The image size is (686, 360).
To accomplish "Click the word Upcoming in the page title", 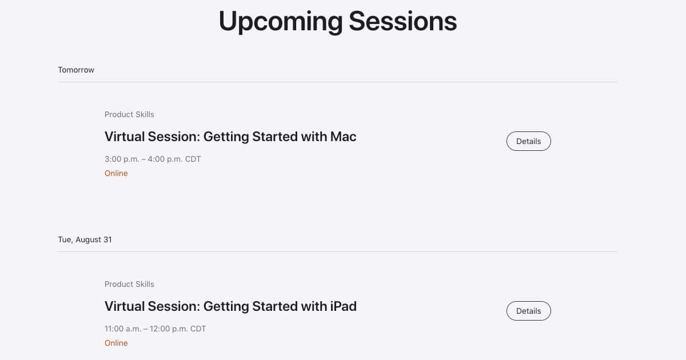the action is [x=281, y=22].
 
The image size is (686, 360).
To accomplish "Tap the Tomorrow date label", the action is [x=76, y=70].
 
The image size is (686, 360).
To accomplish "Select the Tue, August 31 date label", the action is [x=85, y=239].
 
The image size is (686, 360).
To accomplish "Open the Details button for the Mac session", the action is [x=529, y=141].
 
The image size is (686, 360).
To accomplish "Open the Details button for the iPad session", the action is [x=529, y=311].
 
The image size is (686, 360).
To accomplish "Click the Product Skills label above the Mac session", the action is [x=129, y=114].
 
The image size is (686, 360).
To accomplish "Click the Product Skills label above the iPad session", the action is [x=129, y=284].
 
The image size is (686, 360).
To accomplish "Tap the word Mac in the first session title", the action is [x=344, y=137].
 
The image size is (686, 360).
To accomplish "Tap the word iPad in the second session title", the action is [x=344, y=306].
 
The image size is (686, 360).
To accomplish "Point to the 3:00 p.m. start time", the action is [x=122, y=159].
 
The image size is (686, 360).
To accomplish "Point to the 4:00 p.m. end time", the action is [x=165, y=159].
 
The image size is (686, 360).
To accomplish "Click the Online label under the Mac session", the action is [x=116, y=173].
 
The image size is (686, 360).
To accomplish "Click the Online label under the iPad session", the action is [x=116, y=343].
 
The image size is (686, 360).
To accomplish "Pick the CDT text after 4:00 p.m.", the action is [x=193, y=159].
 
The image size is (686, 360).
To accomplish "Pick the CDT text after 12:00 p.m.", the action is [x=198, y=329].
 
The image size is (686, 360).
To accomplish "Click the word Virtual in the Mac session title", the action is [x=124, y=137].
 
